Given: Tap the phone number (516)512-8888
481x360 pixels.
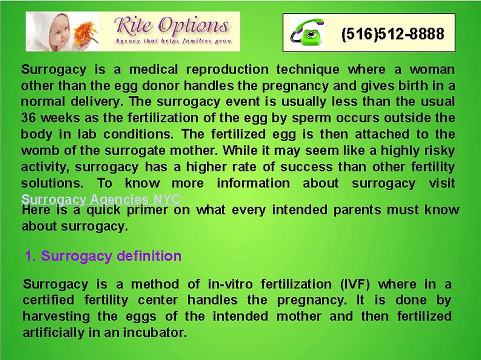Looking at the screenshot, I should point(392,34).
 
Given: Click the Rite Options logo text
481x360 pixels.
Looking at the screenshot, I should point(172,25).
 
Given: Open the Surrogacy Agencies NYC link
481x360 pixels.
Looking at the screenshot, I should point(100,198).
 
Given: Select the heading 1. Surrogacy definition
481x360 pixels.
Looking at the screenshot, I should point(103,256).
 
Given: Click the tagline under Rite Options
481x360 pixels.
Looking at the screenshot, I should point(172,41).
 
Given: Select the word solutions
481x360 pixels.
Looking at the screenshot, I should point(52,182).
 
